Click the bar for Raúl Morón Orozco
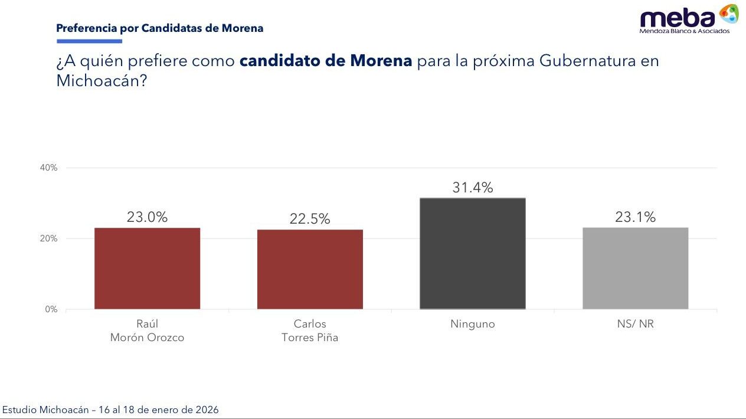147,268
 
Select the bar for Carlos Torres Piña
310,269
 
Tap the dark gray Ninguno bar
472,253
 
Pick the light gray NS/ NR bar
635,268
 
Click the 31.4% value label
472,188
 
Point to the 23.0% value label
147,217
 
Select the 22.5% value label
310,219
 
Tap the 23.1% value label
635,217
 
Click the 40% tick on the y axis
49,168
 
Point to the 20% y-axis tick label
49,238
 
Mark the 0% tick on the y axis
51,309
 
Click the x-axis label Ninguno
472,324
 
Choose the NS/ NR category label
635,324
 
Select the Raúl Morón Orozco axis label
147,330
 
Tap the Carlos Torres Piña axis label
310,330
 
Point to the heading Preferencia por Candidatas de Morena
159,28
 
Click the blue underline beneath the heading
89,41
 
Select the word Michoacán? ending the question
101,81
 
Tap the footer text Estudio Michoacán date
110,410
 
